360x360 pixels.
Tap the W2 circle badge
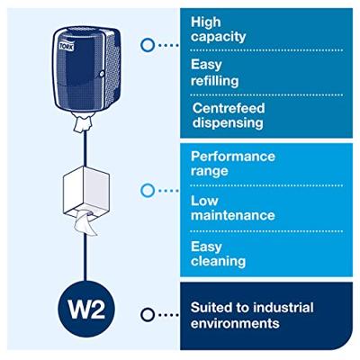(x=86, y=309)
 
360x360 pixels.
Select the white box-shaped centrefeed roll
(x=86, y=191)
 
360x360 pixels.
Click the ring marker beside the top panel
(x=148, y=45)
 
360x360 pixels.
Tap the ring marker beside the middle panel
(x=148, y=191)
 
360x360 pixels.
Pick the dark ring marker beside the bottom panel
(x=148, y=315)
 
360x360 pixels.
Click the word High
(x=206, y=22)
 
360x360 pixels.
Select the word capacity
(x=218, y=37)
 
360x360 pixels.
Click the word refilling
(x=215, y=81)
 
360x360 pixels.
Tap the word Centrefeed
(x=229, y=108)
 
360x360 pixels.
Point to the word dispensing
(x=228, y=123)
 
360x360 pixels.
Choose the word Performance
(x=233, y=157)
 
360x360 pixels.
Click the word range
(x=210, y=172)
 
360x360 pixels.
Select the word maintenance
(x=233, y=215)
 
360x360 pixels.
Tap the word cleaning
(x=218, y=261)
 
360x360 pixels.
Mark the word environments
(x=235, y=324)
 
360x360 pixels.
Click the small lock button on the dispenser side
(x=102, y=73)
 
